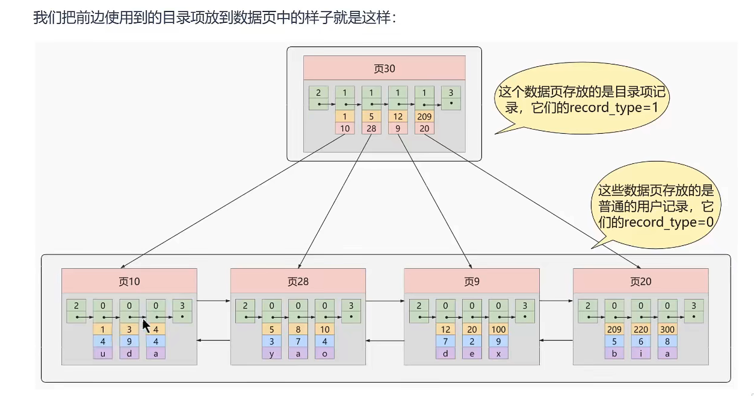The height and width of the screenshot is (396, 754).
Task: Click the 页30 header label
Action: point(385,68)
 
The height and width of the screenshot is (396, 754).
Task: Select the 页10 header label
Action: point(129,281)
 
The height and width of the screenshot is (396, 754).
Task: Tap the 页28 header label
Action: point(298,281)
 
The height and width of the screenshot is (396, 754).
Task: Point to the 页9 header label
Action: point(471,281)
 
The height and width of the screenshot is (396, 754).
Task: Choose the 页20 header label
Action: point(640,281)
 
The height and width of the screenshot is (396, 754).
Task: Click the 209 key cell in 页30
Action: point(424,117)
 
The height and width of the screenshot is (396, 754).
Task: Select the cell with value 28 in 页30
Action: point(371,128)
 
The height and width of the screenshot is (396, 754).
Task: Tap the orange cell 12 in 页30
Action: point(398,117)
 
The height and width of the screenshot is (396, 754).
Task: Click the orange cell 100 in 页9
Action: point(498,330)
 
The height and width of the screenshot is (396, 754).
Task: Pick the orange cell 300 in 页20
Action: point(667,330)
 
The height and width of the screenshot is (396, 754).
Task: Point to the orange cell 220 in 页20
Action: point(641,330)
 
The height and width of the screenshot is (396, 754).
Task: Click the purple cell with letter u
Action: point(103,354)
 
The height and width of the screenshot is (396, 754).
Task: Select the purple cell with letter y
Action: point(271,354)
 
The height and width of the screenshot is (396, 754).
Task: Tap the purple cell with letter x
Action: point(498,354)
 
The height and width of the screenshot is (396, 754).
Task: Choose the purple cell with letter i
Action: point(641,354)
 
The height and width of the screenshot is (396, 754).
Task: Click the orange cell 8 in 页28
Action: point(298,330)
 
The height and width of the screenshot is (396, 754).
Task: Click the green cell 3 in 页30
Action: point(451,98)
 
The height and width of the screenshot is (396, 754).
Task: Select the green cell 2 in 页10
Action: point(76,311)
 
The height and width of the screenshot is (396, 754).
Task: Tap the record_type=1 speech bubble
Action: point(582,100)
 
